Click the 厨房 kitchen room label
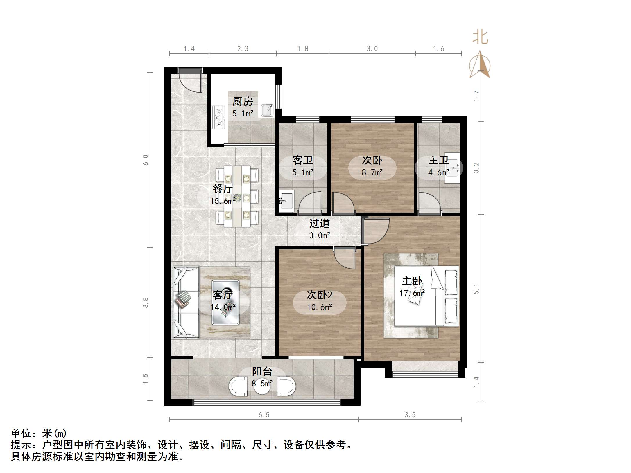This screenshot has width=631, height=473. coord(243,102)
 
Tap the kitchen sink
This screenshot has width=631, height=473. coord(267,110)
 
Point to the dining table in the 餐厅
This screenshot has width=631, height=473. coord(237,196)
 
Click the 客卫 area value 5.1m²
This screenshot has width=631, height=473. coord(302,172)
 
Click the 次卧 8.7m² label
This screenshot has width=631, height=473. coord(372,166)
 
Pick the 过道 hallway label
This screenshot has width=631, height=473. coord(319,224)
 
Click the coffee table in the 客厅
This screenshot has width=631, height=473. coord(225,302)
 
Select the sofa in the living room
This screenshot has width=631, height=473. coord(185,302)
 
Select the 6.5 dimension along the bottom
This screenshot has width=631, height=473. coord(264,415)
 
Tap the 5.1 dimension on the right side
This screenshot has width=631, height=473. coord(476,289)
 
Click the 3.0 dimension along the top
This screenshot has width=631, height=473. coord(372,49)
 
